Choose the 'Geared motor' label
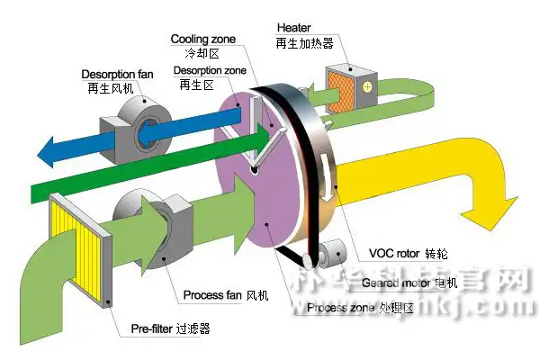(x=400, y=282)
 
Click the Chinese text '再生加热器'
(x=306, y=43)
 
